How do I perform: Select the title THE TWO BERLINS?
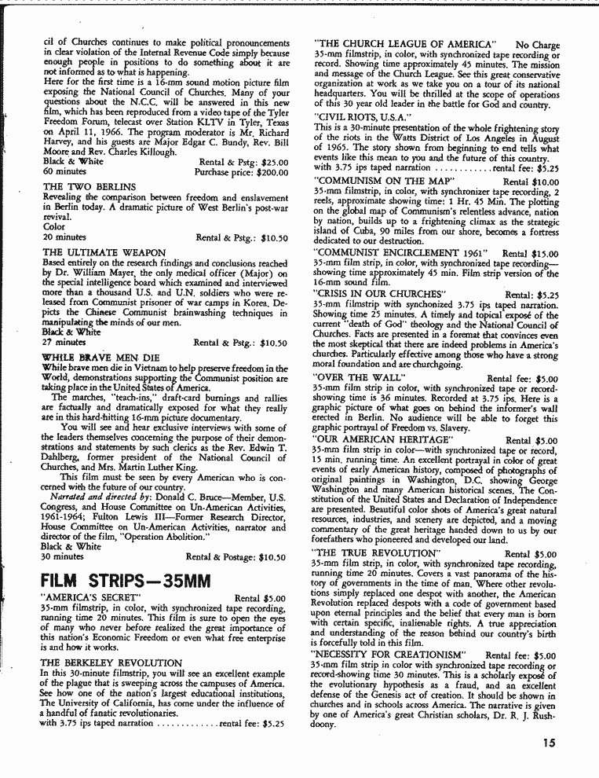89,186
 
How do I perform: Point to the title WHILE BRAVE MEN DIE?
100,357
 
